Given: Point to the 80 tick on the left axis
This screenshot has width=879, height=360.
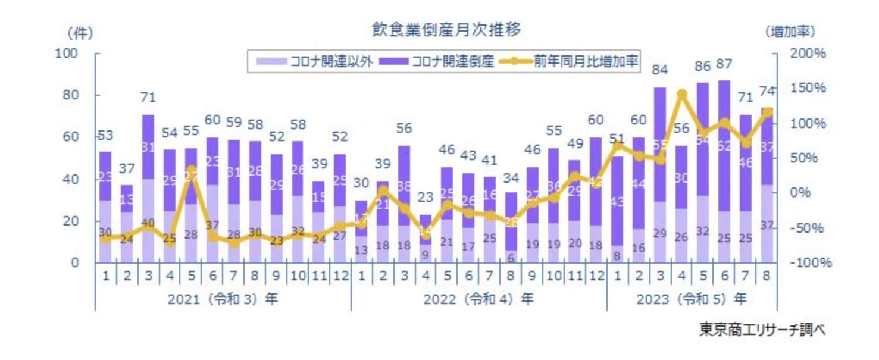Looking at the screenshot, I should point(70,95).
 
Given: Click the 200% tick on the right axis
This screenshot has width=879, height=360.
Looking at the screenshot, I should point(808,54).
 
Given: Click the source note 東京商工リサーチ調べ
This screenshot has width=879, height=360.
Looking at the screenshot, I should point(762,330).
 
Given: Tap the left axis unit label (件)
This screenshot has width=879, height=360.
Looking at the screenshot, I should point(80,32).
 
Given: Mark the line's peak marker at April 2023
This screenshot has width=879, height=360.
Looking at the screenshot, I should point(683,94).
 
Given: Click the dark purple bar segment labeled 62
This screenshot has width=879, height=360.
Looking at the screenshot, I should point(725,145).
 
